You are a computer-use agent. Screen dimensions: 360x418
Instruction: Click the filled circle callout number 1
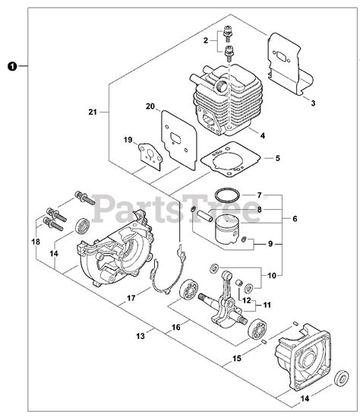(12, 66)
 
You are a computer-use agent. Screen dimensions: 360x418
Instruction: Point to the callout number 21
(93, 112)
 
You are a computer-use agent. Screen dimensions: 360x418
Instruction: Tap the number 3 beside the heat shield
(313, 103)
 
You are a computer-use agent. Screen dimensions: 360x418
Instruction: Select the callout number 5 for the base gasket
(278, 158)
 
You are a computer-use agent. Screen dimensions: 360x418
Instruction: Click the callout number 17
(131, 298)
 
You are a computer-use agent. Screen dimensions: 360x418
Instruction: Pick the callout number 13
(141, 336)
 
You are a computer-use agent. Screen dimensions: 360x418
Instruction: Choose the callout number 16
(176, 327)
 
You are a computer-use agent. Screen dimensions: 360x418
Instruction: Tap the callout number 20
(150, 106)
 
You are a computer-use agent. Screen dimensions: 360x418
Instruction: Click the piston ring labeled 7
(227, 196)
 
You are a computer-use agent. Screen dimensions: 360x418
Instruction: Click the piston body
(227, 230)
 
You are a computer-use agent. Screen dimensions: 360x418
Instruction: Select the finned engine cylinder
(226, 100)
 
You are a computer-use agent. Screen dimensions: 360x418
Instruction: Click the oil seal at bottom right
(342, 378)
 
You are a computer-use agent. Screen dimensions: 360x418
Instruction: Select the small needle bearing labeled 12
(240, 283)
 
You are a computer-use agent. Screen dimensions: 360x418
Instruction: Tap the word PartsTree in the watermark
(176, 208)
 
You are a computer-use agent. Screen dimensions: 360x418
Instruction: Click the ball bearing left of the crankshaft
(188, 290)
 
